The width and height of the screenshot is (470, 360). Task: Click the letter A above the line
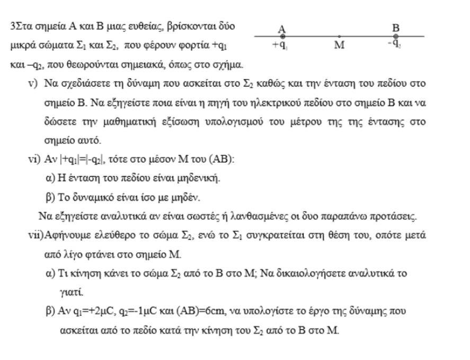tap(282, 29)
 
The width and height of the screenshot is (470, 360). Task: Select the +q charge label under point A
tap(279, 45)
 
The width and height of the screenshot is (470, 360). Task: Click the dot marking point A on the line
tap(282, 37)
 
